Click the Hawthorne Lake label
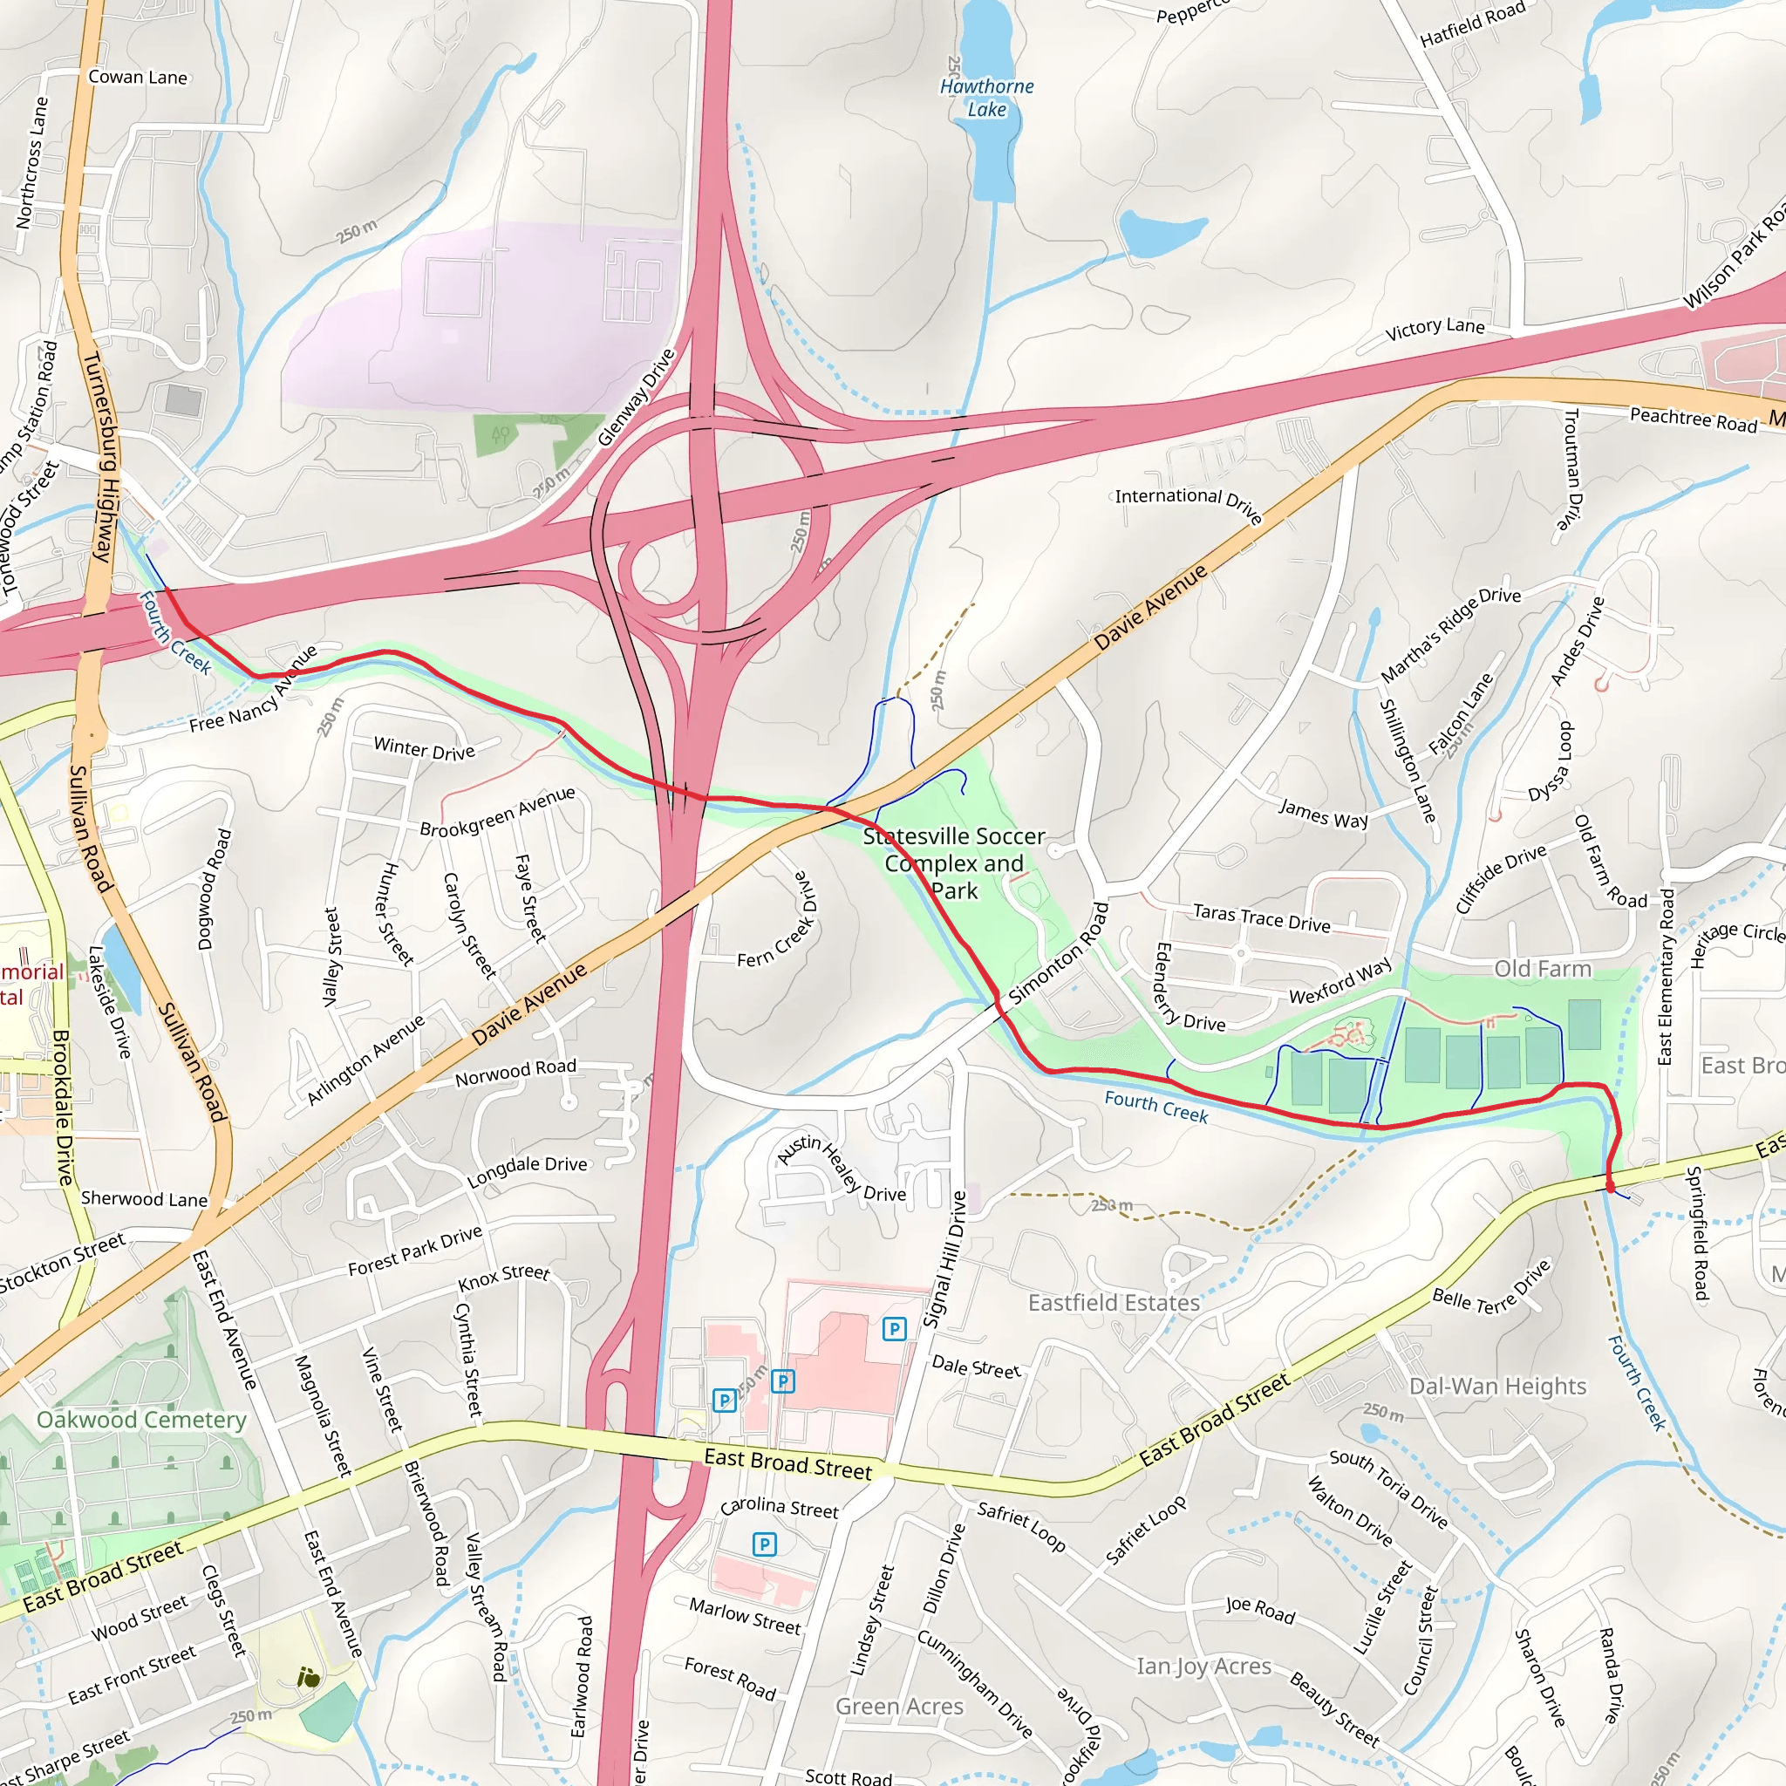986,98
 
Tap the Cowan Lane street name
138,78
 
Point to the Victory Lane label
1435,327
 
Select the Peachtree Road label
1693,419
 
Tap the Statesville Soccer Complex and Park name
954,862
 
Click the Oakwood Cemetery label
141,1419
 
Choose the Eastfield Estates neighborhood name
1114,1303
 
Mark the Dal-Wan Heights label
1497,1386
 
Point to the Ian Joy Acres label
1203,1666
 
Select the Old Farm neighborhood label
1543,969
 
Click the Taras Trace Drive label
1262,918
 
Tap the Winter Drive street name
425,749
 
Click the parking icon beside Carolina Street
765,1544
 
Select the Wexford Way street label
1340,981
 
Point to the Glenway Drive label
637,399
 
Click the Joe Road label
1260,1610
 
